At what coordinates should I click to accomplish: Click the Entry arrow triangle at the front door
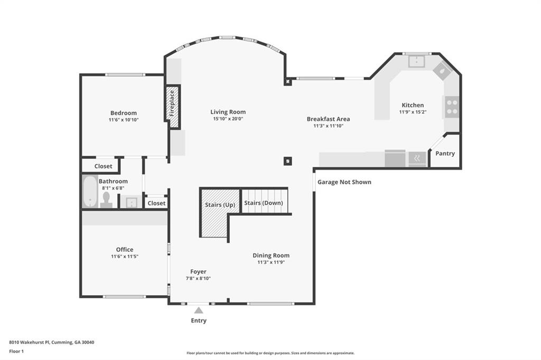pos(199,310)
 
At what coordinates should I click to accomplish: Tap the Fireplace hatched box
pos(172,107)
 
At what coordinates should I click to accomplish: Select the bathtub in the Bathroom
pos(89,192)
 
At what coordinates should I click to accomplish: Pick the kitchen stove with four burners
pos(452,107)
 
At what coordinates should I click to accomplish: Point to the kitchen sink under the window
pos(417,62)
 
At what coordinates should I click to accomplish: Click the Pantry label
pos(445,154)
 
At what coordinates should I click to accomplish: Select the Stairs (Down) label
pos(264,203)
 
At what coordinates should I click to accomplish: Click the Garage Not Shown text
pos(344,182)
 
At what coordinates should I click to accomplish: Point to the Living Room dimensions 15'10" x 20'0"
pos(228,119)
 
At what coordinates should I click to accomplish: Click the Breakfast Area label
pos(328,119)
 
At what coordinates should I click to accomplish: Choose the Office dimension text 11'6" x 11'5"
pos(125,257)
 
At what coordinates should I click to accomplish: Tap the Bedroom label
pos(124,113)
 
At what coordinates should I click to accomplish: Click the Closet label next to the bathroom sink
pos(156,203)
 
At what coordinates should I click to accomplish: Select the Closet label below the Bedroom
pos(103,166)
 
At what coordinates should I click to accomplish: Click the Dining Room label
pos(271,255)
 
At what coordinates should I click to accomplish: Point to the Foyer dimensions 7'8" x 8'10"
pos(198,278)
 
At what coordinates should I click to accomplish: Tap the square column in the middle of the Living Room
pos(287,161)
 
